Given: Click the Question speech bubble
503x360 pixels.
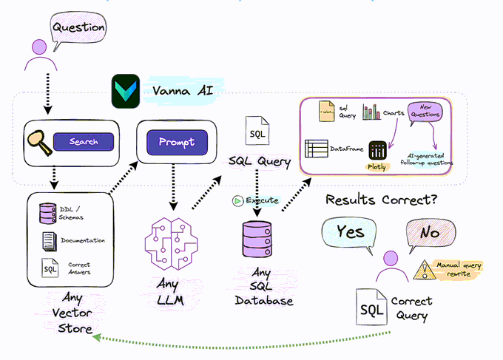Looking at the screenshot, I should point(78,27).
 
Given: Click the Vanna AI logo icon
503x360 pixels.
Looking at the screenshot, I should point(124,92).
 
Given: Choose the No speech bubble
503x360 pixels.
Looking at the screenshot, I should point(430,233).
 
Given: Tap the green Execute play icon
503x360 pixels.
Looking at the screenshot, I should point(237,200).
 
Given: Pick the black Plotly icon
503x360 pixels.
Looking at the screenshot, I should point(378,152).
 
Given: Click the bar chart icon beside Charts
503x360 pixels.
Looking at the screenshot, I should point(371,112).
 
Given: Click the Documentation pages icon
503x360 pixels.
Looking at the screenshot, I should point(49,240).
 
